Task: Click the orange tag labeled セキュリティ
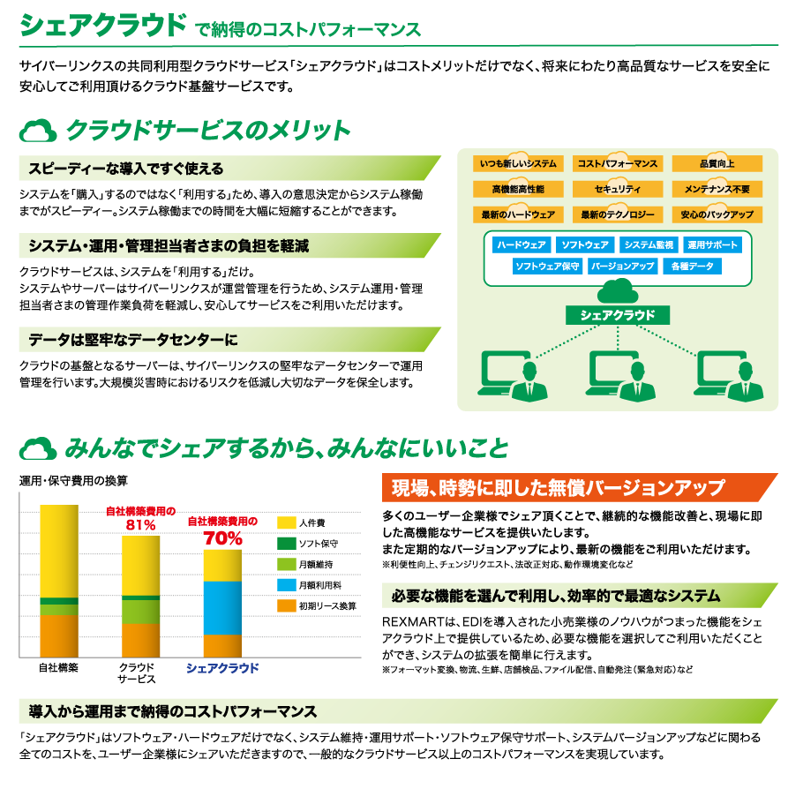617,190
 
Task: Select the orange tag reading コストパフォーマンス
617,164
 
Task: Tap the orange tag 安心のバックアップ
717,215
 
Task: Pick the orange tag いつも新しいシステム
517,164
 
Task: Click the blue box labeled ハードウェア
522,245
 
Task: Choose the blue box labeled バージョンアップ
622,267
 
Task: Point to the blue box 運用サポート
714,245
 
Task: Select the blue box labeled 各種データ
692,267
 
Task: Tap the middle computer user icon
617,375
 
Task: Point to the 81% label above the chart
141,525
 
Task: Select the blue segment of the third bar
221,608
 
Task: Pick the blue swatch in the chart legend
287,585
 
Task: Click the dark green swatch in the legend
287,544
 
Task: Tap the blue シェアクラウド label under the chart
222,668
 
